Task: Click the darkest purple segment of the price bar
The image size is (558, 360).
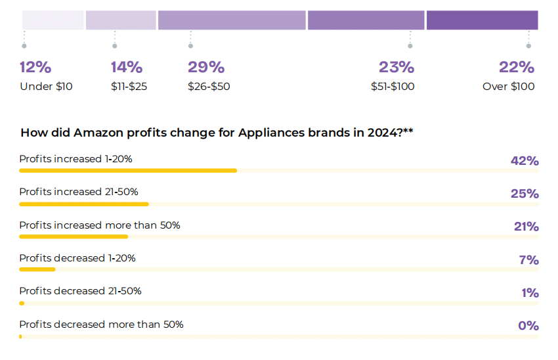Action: (482, 20)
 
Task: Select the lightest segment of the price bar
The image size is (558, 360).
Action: (53, 20)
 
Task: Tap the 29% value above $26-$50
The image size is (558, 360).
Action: (206, 67)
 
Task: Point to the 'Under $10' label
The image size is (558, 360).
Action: (46, 86)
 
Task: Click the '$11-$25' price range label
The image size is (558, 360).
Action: (129, 86)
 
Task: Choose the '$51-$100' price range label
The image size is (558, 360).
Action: (393, 86)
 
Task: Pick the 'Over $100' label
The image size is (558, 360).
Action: (508, 86)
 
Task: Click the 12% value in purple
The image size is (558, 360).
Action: (35, 67)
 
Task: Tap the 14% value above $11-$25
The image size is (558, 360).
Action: (127, 67)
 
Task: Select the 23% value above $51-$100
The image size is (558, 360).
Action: (397, 67)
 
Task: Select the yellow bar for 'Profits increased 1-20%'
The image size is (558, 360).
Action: (128, 170)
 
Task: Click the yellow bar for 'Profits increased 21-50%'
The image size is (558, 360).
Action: (84, 204)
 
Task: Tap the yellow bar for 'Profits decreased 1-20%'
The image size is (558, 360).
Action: (37, 269)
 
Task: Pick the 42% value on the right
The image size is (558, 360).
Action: (525, 161)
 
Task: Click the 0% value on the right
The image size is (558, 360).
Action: (528, 326)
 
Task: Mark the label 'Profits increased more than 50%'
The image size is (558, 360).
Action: (100, 225)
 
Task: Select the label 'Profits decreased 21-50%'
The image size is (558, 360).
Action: (80, 291)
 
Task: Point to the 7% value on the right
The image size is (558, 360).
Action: (528, 260)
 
